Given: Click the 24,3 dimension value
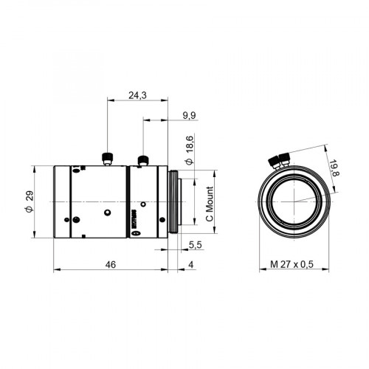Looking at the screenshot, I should tap(137, 94).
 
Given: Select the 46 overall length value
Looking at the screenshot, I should tap(111, 263).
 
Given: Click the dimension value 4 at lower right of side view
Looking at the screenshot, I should tap(190, 263).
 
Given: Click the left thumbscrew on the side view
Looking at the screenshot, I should tap(108, 157).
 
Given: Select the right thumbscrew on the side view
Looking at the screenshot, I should tap(142, 160).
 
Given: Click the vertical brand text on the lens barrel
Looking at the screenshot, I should tap(134, 218).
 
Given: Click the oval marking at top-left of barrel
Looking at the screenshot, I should tap(76, 170).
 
